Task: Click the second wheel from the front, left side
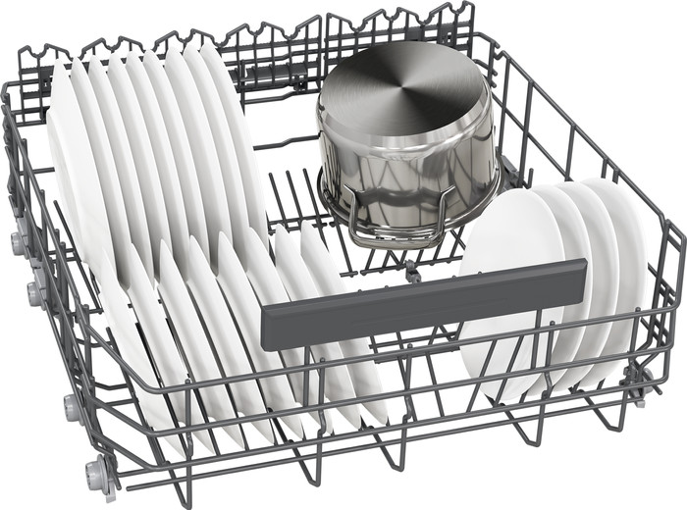coord(71,405)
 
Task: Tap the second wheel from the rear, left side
coord(35,290)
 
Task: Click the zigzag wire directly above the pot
coord(402,25)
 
